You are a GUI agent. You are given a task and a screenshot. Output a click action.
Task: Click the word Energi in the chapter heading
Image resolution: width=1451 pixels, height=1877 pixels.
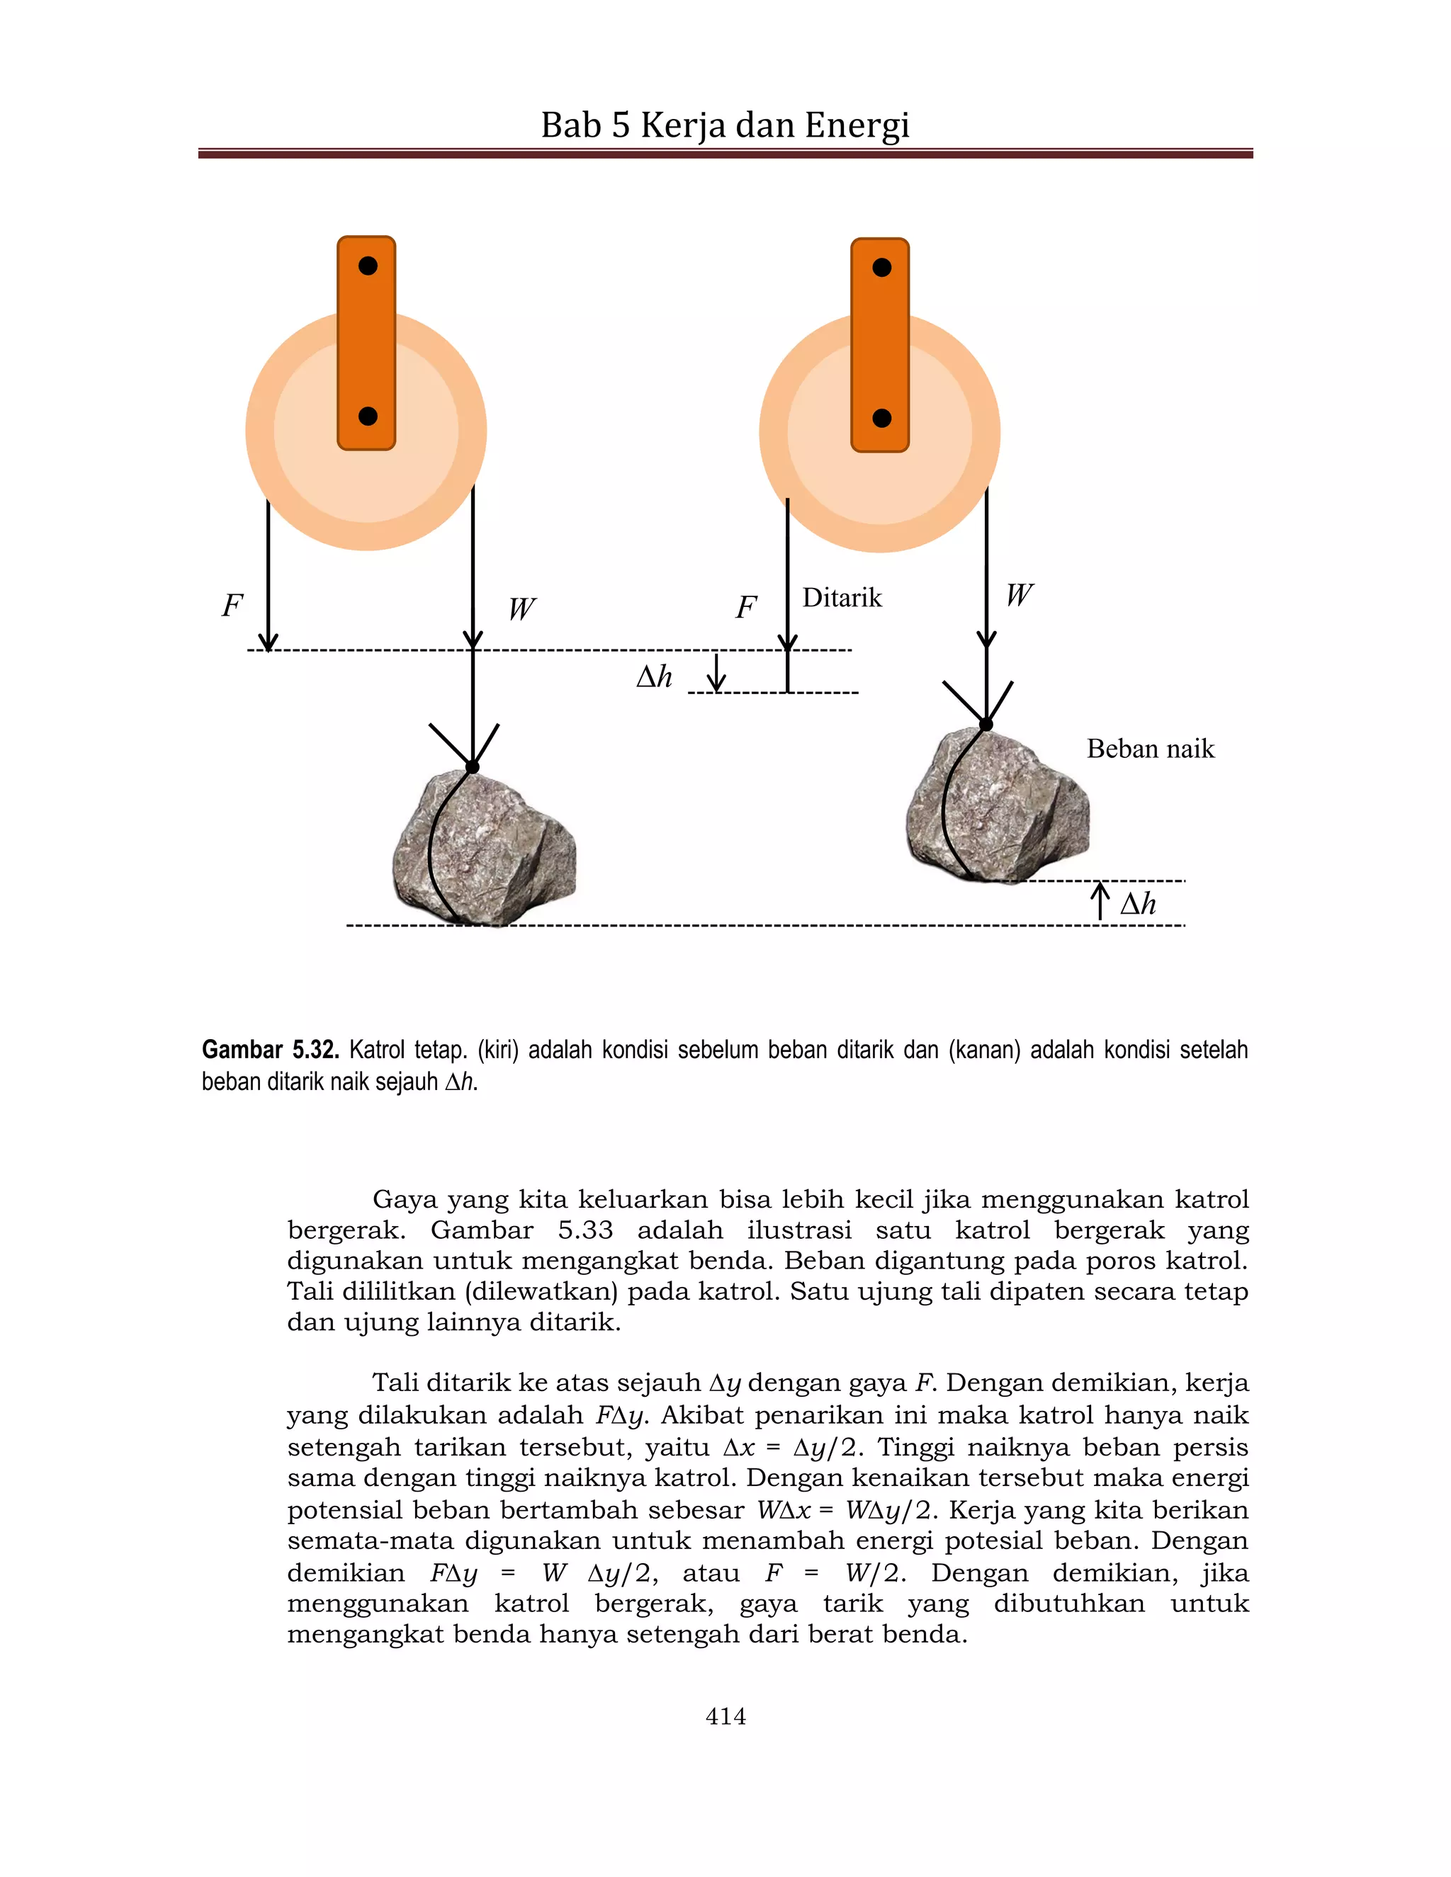coord(857,125)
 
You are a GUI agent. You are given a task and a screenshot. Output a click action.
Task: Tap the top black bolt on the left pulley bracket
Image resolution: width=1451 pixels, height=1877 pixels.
coord(368,266)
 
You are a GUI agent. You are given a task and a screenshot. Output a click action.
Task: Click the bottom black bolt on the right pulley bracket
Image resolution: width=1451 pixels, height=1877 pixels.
coord(881,419)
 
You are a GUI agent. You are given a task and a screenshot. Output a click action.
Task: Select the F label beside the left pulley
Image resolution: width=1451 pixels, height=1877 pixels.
coord(232,606)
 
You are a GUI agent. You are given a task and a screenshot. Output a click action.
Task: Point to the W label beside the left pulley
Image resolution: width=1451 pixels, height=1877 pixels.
coord(521,609)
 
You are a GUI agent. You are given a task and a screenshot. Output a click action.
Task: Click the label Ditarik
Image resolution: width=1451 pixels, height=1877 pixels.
coord(842,599)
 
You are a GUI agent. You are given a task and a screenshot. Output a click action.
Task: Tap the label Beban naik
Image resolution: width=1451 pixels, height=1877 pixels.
coord(1150,749)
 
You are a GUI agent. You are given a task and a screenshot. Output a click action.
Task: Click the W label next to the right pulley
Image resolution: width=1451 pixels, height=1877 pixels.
coord(1019,595)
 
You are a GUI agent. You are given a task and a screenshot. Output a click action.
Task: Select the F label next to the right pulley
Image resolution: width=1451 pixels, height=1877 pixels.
coord(745,608)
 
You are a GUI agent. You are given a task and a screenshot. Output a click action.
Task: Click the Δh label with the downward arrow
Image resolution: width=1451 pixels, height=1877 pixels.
coord(654,677)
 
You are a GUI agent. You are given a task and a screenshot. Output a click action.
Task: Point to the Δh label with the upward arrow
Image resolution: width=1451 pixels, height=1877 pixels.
coord(1138,904)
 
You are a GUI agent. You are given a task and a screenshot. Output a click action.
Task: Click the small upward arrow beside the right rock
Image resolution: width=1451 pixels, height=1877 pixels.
coord(1100,901)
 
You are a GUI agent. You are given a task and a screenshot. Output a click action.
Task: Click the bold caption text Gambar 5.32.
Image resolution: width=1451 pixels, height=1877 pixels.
coord(270,1050)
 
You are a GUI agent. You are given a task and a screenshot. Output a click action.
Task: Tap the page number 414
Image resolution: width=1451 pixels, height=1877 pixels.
coord(725,1716)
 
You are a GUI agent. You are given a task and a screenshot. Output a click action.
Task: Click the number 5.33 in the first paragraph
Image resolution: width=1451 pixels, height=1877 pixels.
coord(585,1230)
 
